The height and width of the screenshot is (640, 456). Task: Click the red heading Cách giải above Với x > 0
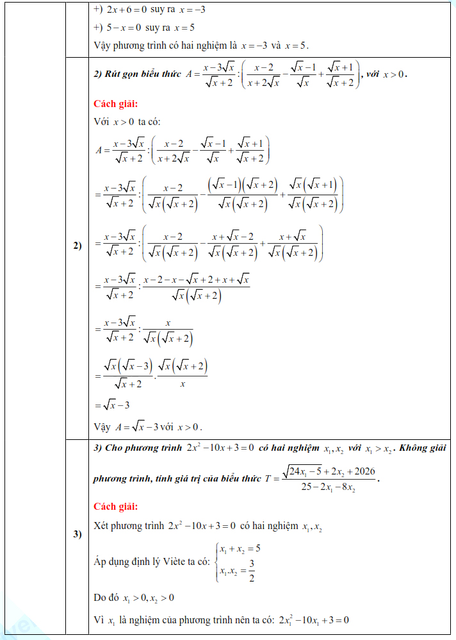[x=116, y=104]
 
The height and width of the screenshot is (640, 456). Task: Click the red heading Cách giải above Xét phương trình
[x=116, y=507]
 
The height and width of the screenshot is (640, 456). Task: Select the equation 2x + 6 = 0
[x=124, y=10]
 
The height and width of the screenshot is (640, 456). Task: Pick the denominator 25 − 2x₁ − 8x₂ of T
[x=328, y=487]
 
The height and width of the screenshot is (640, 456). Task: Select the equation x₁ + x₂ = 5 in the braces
[x=239, y=549]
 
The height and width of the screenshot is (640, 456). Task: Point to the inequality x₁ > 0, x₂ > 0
[x=146, y=598]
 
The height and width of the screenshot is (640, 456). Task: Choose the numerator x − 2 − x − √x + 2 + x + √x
[x=196, y=280]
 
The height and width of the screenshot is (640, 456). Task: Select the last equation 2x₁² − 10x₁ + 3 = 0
[x=313, y=620]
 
